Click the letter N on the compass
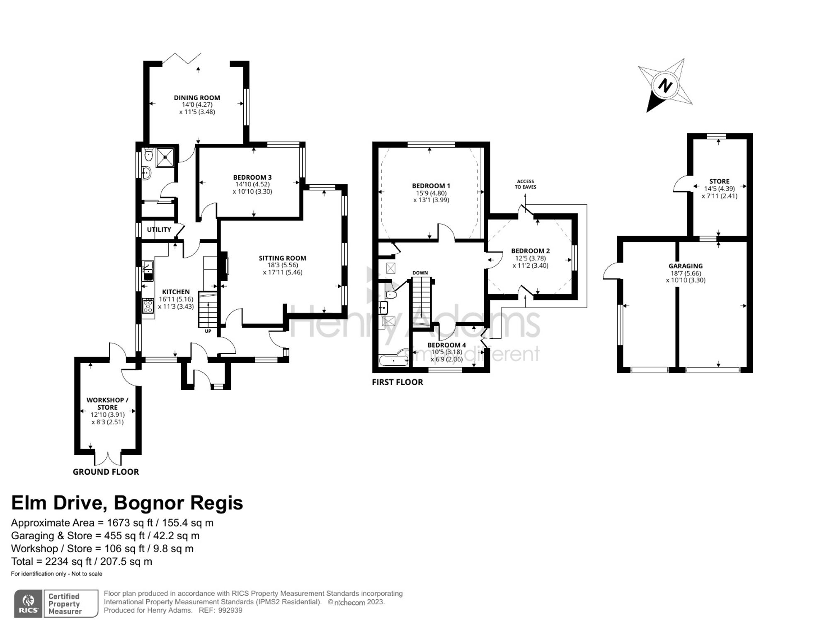(665, 86)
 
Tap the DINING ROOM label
(197, 98)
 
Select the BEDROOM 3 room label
(252, 177)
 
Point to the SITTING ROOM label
(283, 258)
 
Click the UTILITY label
(159, 229)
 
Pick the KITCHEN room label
(176, 292)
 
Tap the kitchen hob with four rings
(148, 306)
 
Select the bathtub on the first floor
(393, 360)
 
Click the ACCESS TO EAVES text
(526, 184)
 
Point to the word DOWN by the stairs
(420, 273)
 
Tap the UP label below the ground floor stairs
(208, 331)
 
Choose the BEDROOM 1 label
(431, 186)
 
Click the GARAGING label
(686, 266)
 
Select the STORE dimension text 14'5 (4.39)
(720, 188)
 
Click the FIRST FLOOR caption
(398, 382)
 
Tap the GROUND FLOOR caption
(106, 472)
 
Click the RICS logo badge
(28, 603)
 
